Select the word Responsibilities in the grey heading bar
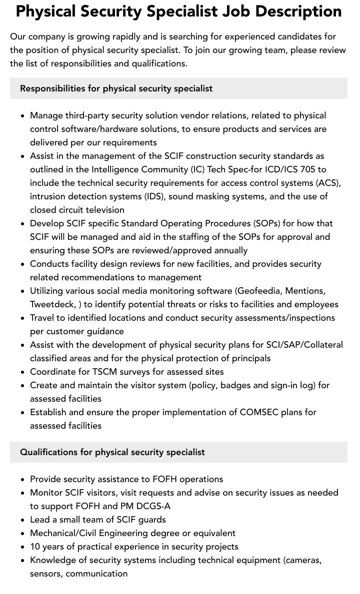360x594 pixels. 52,88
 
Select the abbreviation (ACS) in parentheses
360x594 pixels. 327,183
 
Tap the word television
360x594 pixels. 102,210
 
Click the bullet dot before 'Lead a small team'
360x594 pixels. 22,520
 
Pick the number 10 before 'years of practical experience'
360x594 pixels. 35,547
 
